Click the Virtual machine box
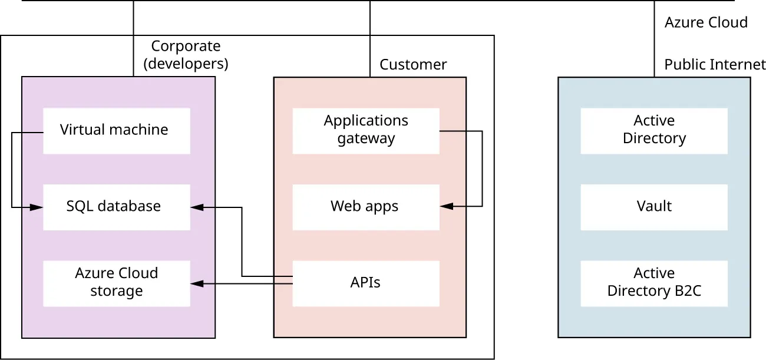117,130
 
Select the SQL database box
117,207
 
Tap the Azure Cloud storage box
117,283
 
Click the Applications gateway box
365,130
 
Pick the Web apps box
365,207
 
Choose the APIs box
365,283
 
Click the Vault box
654,207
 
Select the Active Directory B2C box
654,283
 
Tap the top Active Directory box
654,130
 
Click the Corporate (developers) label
186,55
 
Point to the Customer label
413,65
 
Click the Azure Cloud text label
706,23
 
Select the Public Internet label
715,65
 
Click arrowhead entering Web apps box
446,207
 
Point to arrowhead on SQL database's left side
37,207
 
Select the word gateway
366,139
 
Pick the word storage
117,291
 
